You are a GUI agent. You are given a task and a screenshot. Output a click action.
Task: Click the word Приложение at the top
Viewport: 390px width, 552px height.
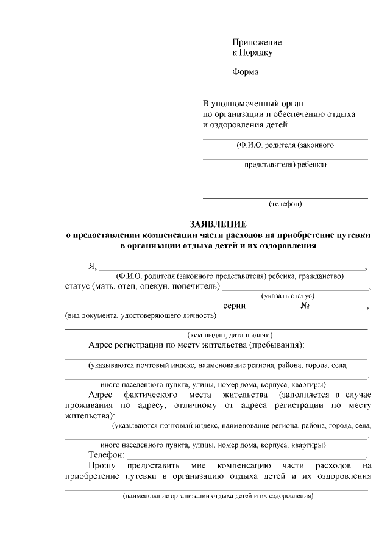(257, 42)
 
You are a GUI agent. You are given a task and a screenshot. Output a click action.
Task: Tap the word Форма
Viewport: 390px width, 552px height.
(245, 73)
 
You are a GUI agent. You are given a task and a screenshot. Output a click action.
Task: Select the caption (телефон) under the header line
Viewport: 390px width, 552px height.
(285, 203)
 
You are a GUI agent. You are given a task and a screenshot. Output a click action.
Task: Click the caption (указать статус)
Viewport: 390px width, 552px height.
(288, 296)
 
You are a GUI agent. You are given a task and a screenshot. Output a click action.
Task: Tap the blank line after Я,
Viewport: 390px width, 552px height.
(232, 267)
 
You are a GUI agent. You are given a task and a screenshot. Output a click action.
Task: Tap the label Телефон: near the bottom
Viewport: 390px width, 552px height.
(107, 455)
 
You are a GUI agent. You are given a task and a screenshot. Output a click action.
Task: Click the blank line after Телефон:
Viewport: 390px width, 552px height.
(246, 457)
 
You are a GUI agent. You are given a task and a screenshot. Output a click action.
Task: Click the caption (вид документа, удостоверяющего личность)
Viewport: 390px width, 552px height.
(141, 315)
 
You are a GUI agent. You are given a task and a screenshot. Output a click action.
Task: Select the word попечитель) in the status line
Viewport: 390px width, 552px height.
(194, 286)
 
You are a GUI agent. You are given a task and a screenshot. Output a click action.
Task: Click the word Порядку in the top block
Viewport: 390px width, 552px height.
(256, 52)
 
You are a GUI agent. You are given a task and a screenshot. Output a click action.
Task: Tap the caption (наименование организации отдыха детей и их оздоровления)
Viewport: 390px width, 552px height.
(218, 496)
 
